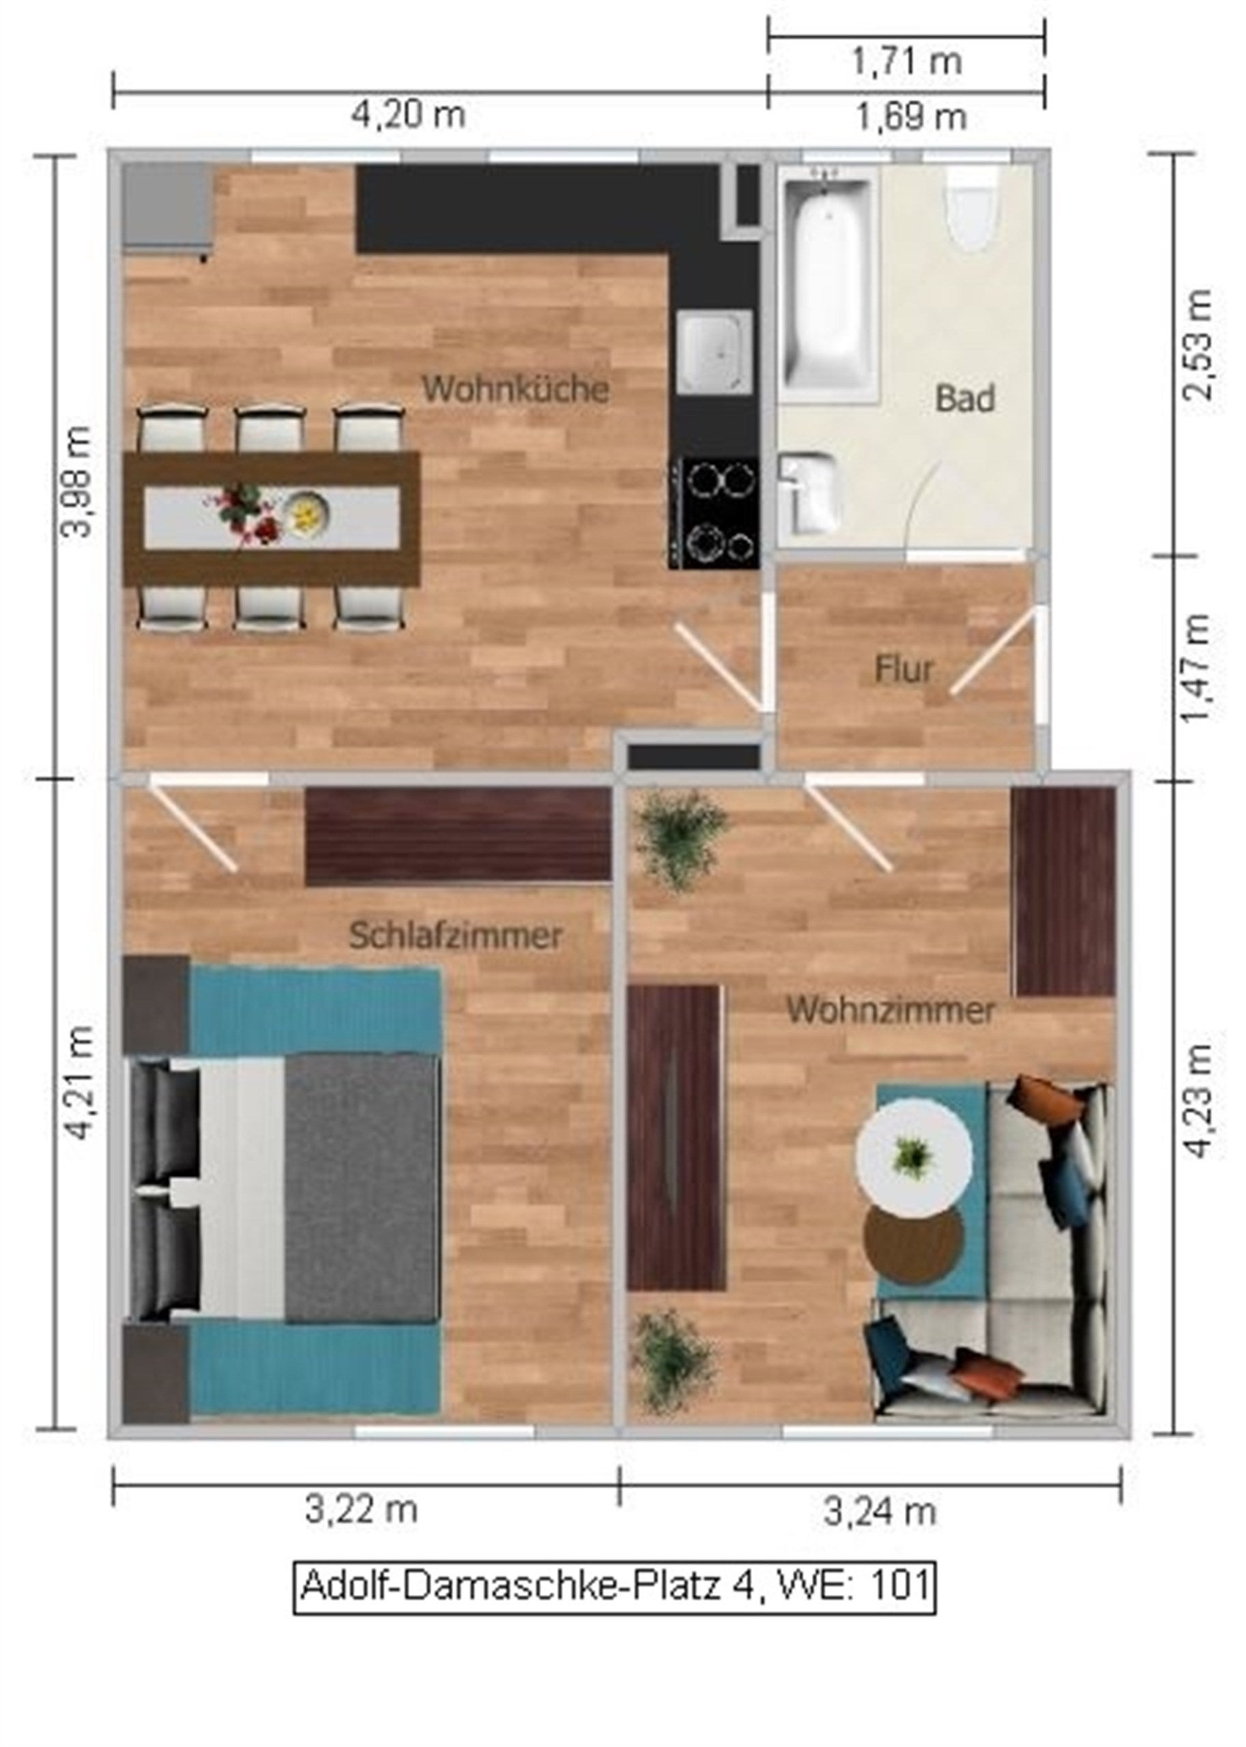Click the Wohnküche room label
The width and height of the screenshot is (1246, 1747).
[516, 389]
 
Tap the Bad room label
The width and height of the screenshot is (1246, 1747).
[965, 399]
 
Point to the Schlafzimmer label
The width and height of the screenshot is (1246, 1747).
[456, 936]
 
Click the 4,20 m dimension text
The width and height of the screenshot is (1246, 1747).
[408, 116]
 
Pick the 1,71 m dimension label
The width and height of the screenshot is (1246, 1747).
[906, 61]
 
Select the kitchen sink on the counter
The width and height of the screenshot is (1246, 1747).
[714, 353]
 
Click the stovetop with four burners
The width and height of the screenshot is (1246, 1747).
[714, 512]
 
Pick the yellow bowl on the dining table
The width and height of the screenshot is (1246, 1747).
[306, 508]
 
